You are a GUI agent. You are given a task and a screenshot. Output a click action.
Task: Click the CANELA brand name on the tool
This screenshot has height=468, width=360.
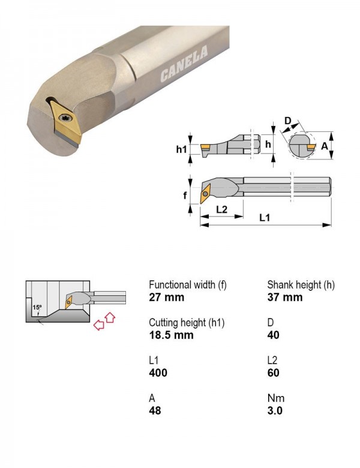tap(184, 64)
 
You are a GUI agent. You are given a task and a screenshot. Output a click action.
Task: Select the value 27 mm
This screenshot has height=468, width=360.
tap(167, 297)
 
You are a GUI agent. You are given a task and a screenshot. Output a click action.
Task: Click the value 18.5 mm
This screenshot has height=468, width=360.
tap(172, 335)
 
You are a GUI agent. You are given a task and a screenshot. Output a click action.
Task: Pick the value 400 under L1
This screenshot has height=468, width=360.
tap(158, 373)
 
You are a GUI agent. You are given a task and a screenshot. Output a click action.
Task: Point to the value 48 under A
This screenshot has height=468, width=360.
tap(155, 410)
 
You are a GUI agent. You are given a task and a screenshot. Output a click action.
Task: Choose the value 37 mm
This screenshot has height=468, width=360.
tap(285, 297)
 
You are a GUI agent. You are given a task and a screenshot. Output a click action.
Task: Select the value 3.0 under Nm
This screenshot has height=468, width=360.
tap(275, 410)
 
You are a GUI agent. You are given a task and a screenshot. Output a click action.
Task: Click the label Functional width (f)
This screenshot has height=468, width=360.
tap(188, 285)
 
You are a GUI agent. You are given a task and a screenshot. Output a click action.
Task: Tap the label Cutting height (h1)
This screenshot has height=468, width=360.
tap(187, 323)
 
